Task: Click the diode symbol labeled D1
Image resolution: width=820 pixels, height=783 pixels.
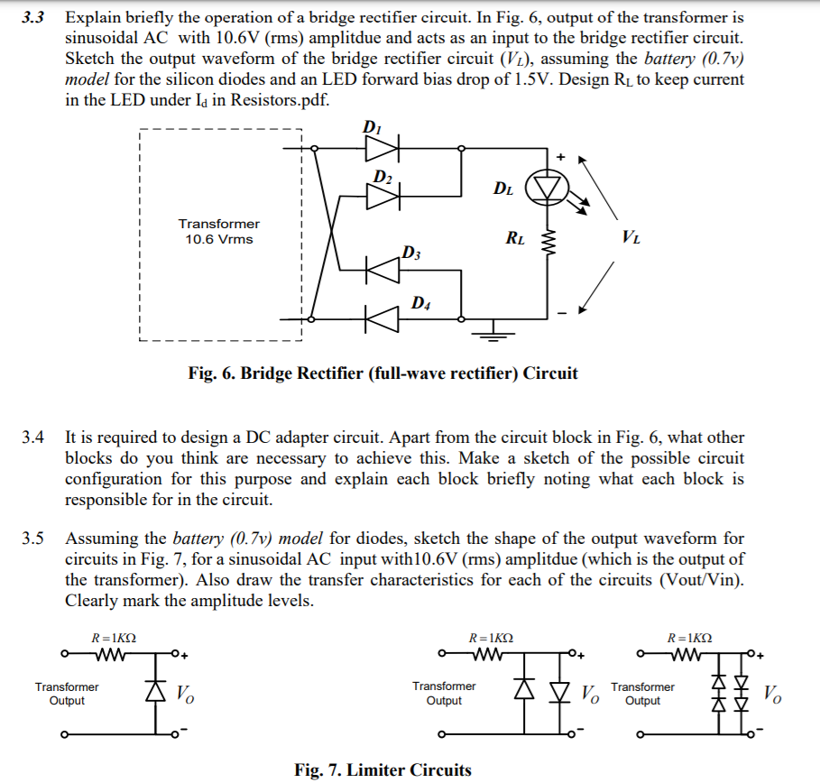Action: (x=384, y=146)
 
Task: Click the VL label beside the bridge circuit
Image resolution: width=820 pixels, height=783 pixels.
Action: (x=631, y=238)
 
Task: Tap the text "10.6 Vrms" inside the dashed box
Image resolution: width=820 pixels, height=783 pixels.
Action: (x=219, y=239)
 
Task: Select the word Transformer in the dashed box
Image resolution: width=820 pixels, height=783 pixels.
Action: (x=219, y=224)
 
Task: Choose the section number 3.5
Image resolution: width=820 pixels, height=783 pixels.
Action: (x=33, y=540)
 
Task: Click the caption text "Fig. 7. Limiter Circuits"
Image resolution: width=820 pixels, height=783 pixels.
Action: (x=382, y=769)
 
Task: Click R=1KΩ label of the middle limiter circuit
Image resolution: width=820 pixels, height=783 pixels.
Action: (x=491, y=638)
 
